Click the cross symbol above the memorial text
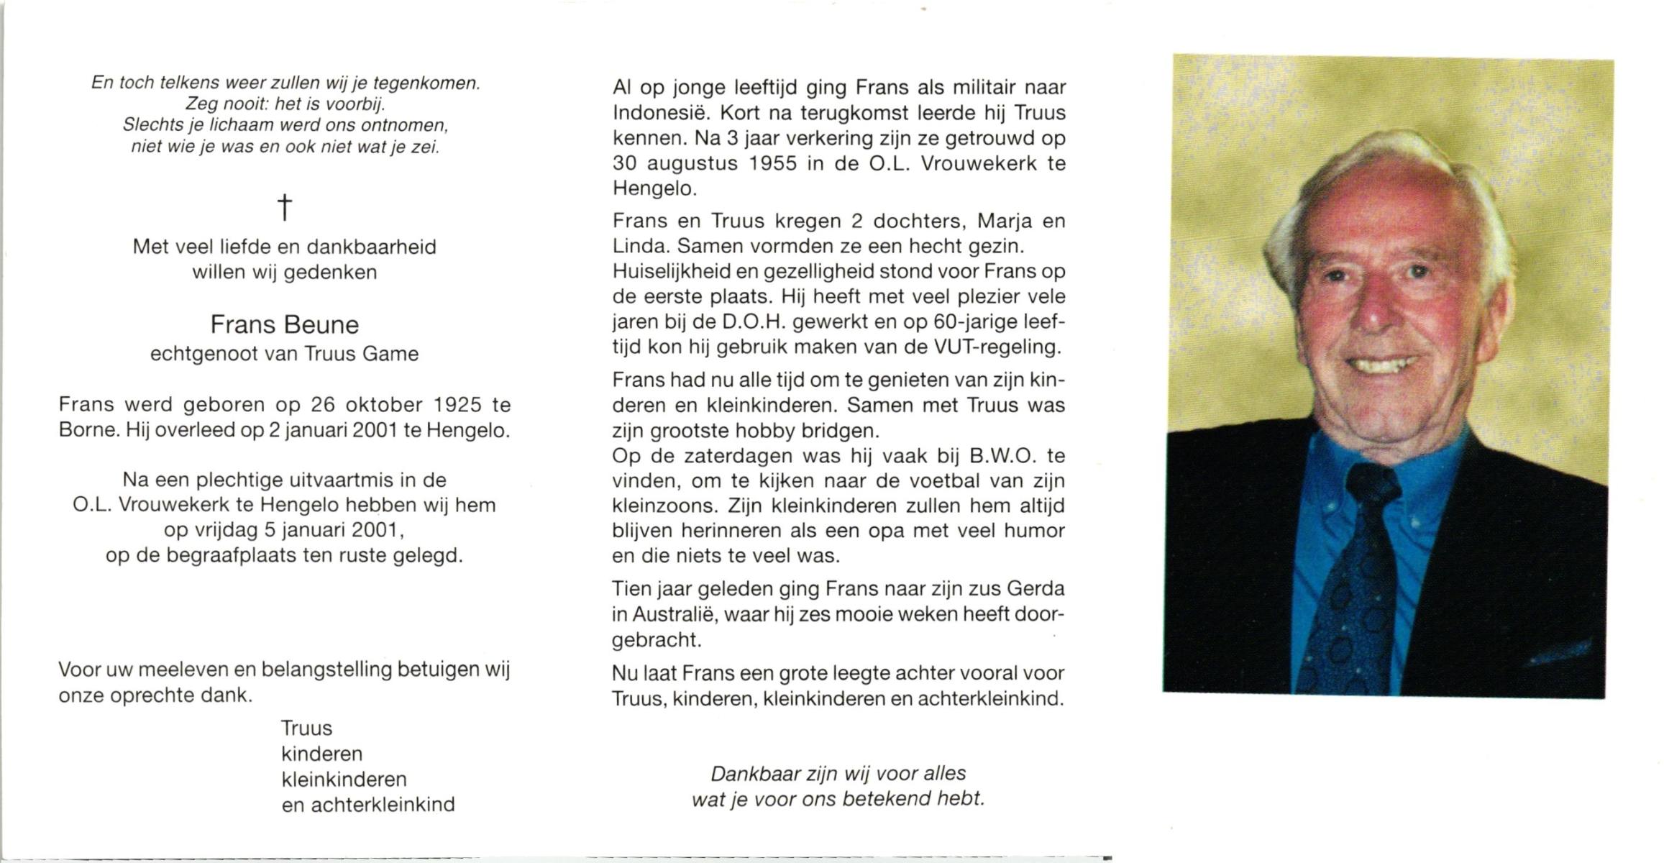tap(285, 207)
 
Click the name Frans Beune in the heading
tap(285, 325)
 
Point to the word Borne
tap(87, 431)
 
